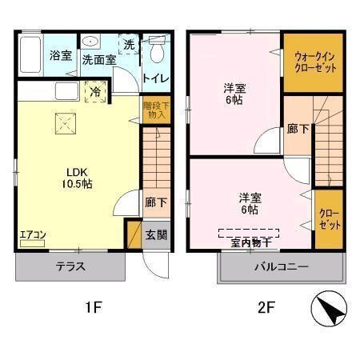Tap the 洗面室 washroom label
[x=98, y=58]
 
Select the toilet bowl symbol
[x=157, y=53]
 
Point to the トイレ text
[x=154, y=78]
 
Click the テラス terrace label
[x=70, y=267]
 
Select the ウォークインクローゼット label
[x=314, y=62]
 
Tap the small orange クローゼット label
[x=329, y=218]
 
